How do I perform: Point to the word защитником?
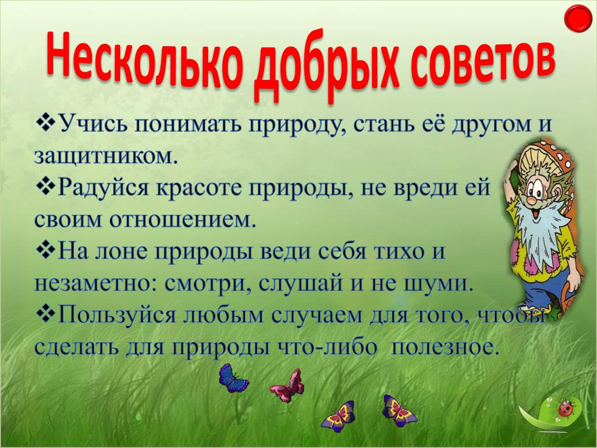click(x=106, y=156)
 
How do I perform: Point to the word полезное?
click(x=445, y=348)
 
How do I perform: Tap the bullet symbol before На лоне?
click(x=45, y=252)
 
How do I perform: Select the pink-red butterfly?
click(x=287, y=386)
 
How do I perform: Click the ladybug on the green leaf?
click(x=566, y=408)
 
